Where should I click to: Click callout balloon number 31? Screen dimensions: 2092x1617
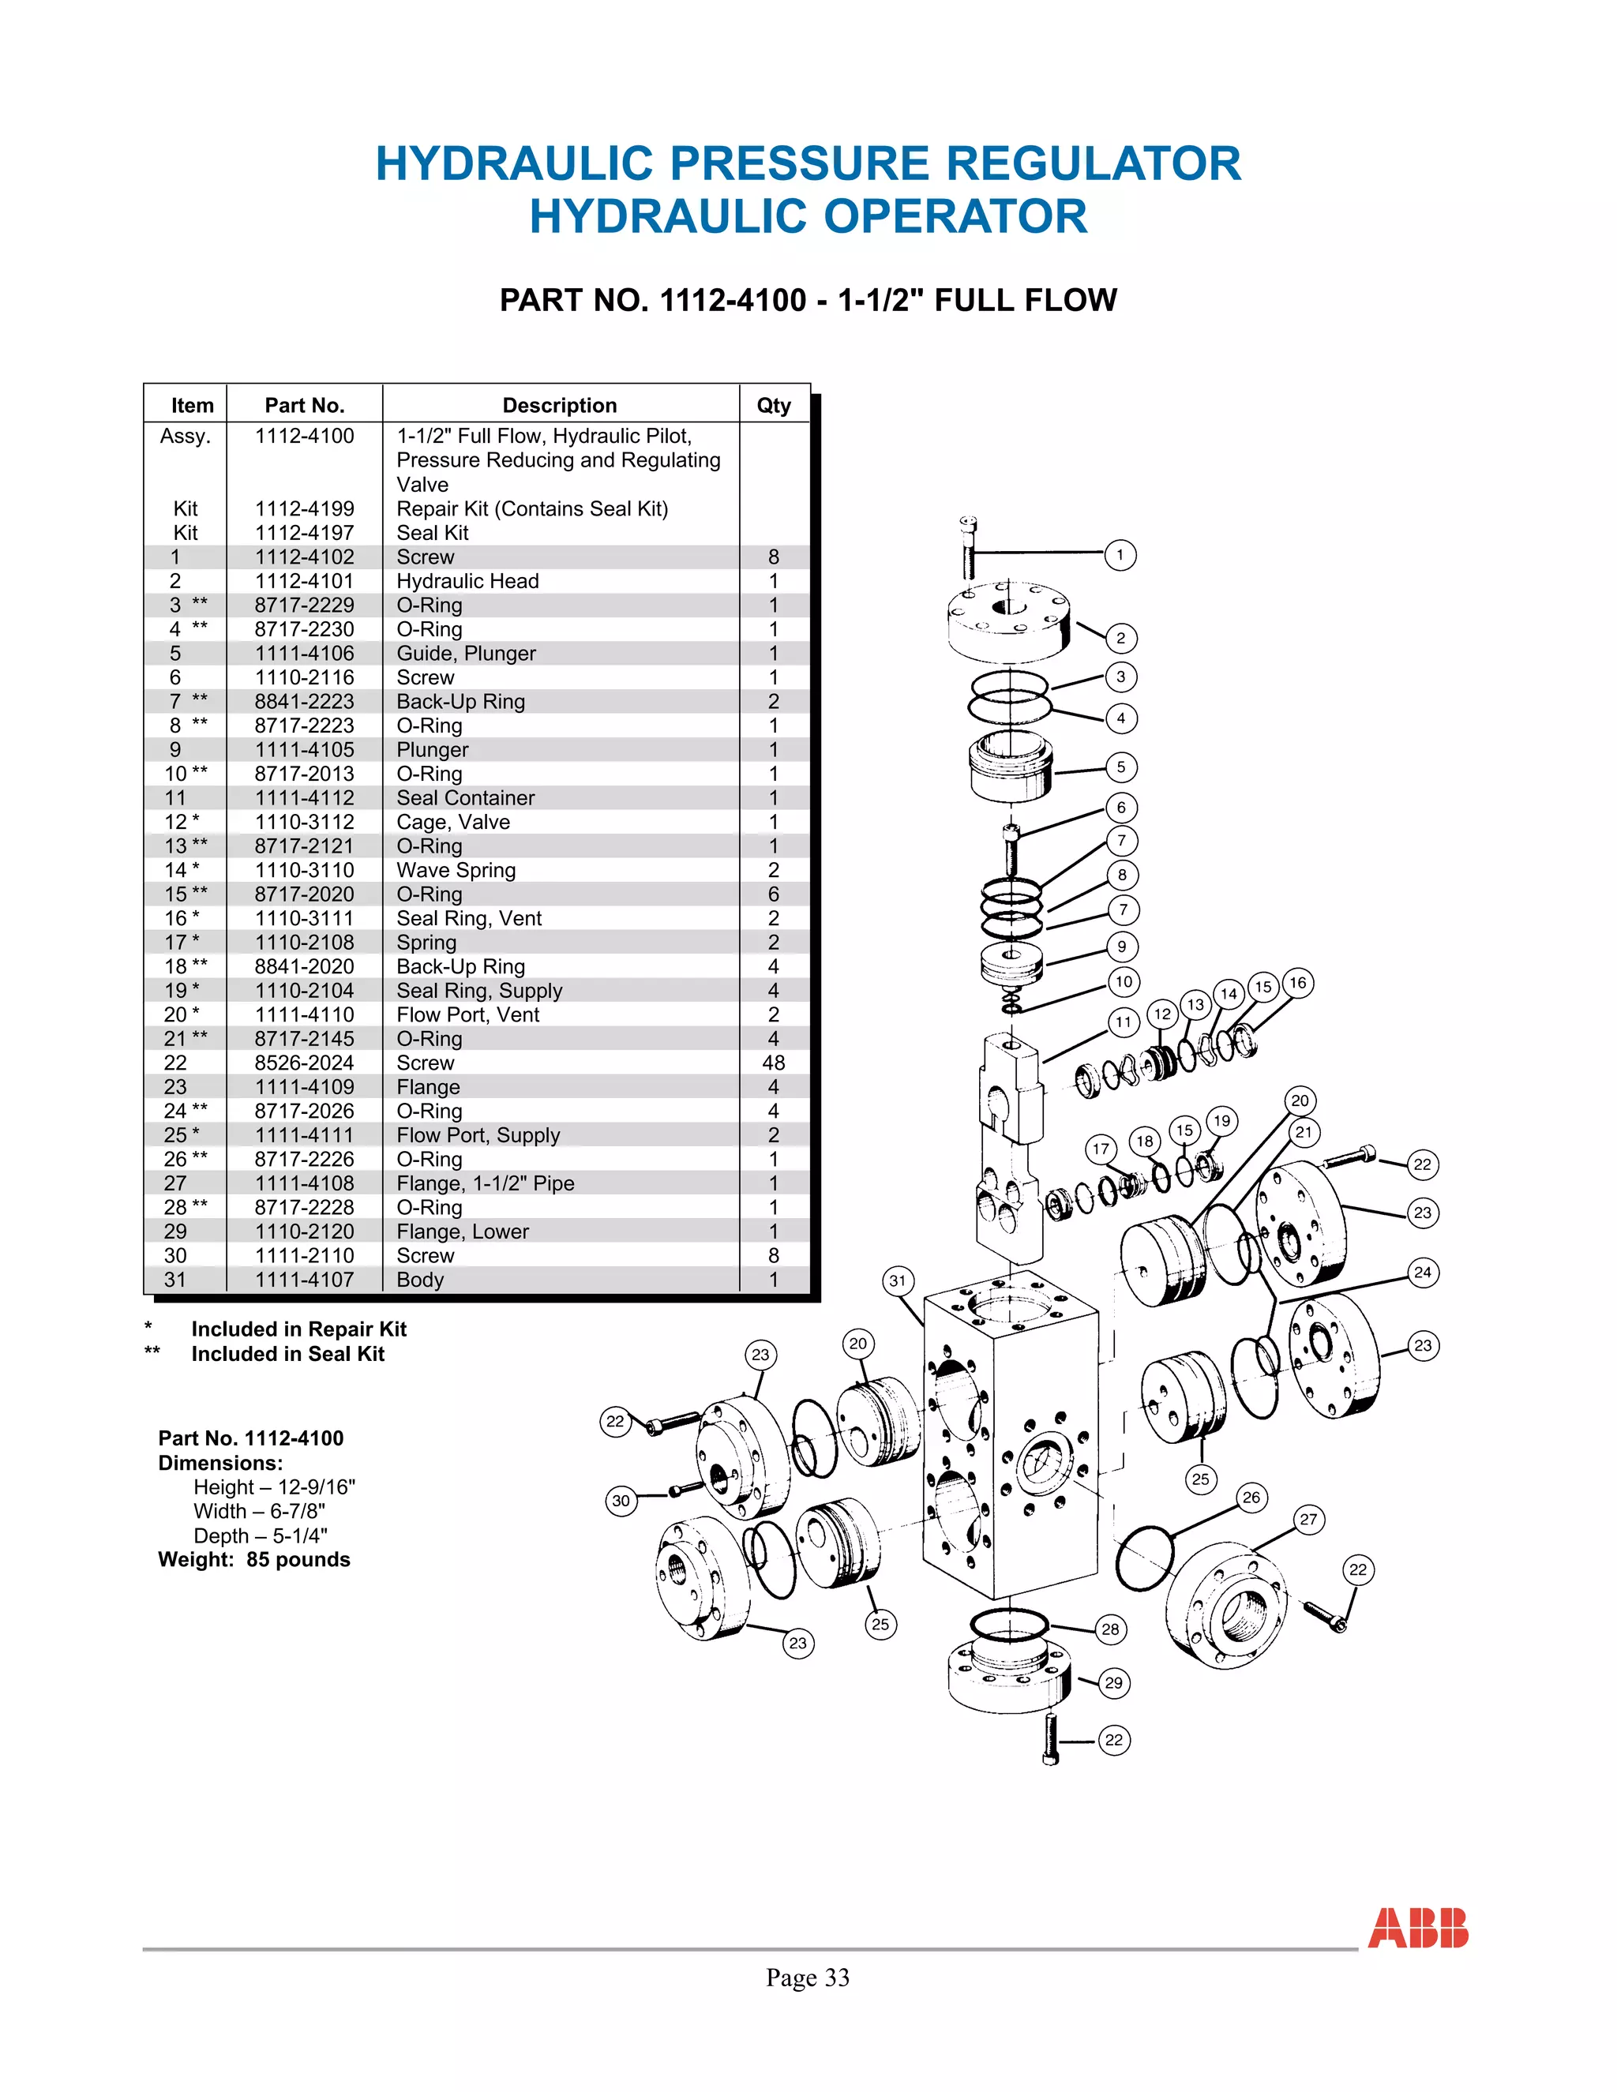[897, 1280]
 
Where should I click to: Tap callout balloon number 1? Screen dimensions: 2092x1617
[1120, 555]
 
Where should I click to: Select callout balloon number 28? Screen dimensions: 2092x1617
[1110, 1629]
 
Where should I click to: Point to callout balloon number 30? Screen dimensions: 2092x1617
[621, 1500]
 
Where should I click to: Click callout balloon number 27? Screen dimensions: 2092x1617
[1308, 1518]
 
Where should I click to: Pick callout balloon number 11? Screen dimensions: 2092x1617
[1123, 1022]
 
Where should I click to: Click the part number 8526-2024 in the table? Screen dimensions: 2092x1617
[304, 1063]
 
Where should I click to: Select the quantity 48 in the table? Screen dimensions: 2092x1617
[773, 1063]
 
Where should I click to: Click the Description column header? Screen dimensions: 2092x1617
[560, 405]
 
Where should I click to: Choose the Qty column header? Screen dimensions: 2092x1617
[773, 405]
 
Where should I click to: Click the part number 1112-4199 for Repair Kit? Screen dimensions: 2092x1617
[304, 508]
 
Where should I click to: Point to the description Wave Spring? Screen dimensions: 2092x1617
[456, 870]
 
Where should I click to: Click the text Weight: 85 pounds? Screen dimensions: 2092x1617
[254, 1559]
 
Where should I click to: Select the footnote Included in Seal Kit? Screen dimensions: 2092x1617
[287, 1353]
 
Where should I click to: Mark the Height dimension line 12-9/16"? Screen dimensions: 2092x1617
[274, 1487]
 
